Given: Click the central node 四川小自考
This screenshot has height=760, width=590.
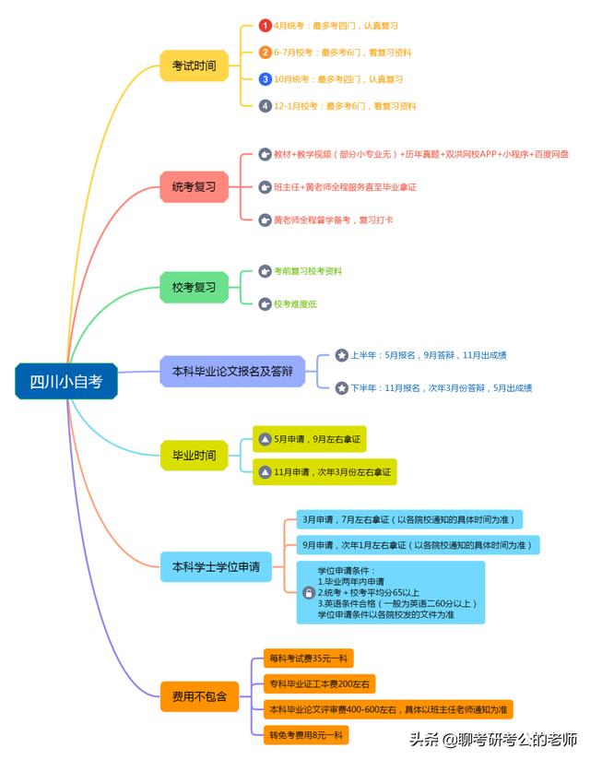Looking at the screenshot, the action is coord(66,381).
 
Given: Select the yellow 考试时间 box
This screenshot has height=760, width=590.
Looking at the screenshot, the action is coord(194,65).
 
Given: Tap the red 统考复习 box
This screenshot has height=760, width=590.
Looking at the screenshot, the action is coord(194,186).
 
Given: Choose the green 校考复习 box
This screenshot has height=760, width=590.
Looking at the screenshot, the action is coord(194,288).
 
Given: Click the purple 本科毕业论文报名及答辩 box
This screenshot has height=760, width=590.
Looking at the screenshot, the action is coord(232,372).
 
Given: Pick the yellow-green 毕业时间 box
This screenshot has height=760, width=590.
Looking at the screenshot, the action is coord(194,455).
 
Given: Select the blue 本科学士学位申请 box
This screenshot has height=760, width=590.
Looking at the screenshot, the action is coord(216,566).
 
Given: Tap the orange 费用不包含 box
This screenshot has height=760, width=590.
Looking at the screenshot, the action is coord(199,696).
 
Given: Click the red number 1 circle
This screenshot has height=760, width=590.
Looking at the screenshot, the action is coord(265,25).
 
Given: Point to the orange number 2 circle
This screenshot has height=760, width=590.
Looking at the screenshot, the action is coord(265,52).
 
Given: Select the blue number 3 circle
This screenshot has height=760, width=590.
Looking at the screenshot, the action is coord(265,78).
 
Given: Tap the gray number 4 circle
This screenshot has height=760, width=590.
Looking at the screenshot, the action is coord(265,105).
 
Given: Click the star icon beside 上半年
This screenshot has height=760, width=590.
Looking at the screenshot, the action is coord(342,355).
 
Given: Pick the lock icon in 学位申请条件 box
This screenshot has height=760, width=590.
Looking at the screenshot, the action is coord(309,592).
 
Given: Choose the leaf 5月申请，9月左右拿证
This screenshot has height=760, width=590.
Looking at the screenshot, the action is coord(310,439).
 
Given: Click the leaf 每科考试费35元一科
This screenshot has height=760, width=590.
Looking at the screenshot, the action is coord(309,659).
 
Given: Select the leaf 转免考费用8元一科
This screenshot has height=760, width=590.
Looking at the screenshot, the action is coord(306,735).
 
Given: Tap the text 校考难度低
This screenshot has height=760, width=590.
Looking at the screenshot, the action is coord(295,303).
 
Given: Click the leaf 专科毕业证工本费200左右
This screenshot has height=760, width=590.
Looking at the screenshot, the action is coord(319,683).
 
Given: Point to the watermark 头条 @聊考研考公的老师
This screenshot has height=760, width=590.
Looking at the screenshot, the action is coord(493,739).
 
